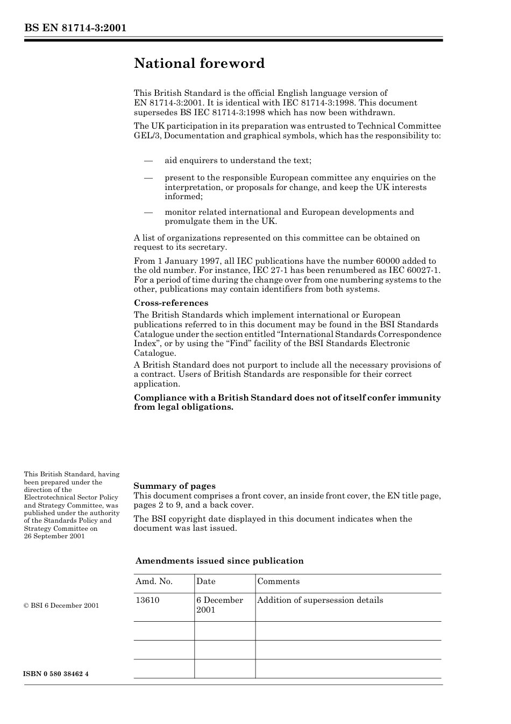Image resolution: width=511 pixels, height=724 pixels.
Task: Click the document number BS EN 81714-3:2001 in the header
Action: (x=75, y=28)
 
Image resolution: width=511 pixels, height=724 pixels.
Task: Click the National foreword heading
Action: (x=199, y=64)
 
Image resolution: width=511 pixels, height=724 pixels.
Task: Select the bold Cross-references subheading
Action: (x=171, y=303)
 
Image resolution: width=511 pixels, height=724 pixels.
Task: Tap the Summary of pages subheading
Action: (x=174, y=486)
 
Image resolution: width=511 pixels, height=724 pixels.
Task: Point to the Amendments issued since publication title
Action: (x=219, y=561)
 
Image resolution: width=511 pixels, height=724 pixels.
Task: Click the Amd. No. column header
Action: (x=154, y=581)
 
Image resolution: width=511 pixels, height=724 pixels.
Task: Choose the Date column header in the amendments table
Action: (x=205, y=581)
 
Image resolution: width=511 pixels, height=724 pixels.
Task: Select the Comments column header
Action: (x=278, y=581)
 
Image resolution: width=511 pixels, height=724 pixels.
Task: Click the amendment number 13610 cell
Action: (x=147, y=600)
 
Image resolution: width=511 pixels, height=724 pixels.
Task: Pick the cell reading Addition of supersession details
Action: (x=320, y=600)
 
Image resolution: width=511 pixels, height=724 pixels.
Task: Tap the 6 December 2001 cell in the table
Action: (x=219, y=605)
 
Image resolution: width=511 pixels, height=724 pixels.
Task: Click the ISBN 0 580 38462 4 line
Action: (x=56, y=674)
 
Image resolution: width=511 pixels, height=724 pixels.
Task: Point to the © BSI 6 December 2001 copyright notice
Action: (x=61, y=606)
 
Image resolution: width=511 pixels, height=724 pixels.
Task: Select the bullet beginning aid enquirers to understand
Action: (x=238, y=160)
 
